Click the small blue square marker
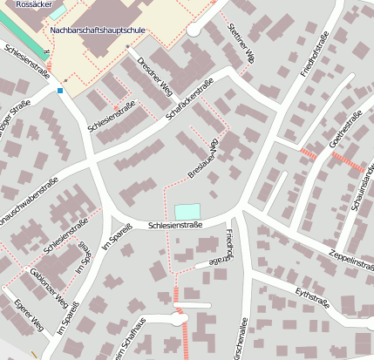pos(60,91)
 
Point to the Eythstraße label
pos(315,301)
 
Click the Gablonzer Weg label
pos(48,290)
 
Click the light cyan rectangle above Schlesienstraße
pos(187,211)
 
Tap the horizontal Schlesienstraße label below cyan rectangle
pos(175,225)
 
